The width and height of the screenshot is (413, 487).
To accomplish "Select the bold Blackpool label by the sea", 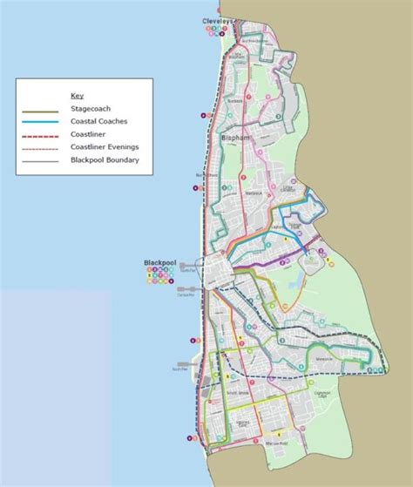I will pos(161,262).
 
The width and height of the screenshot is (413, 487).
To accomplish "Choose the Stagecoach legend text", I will pos(91,110).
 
